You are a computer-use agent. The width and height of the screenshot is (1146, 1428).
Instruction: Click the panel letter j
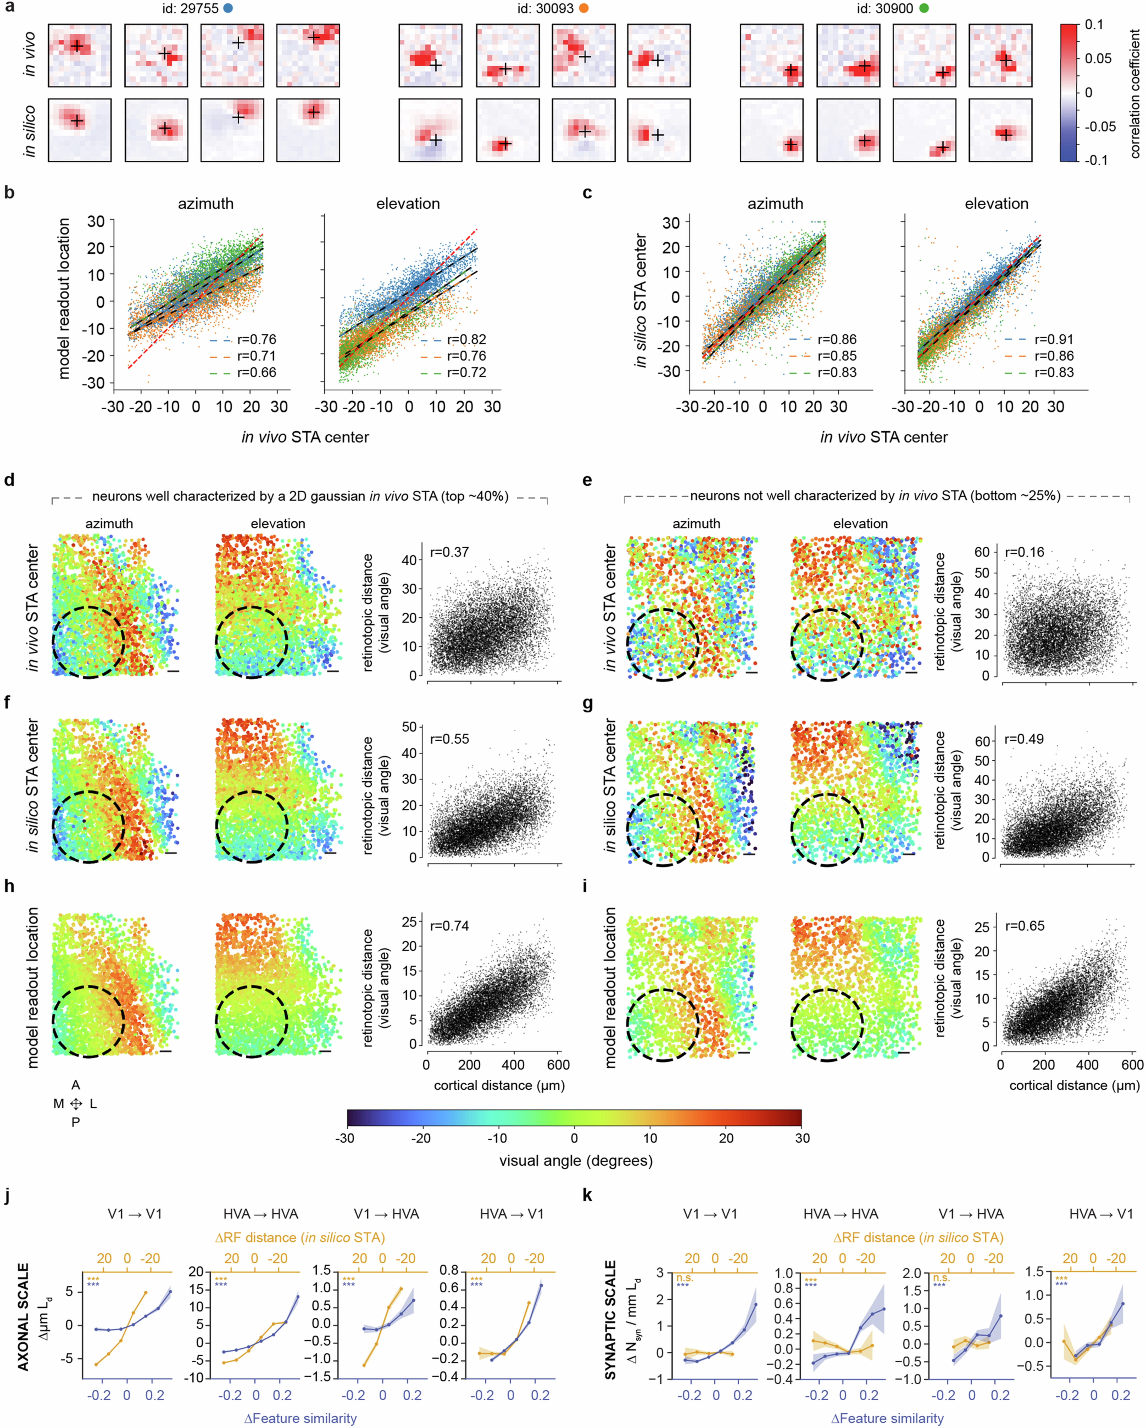(x=8, y=1196)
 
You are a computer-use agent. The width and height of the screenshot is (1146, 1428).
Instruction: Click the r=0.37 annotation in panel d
(x=449, y=552)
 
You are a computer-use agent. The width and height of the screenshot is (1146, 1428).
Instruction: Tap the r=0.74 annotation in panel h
(x=449, y=925)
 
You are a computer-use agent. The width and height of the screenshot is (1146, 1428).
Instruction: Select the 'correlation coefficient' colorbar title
(x=1135, y=93)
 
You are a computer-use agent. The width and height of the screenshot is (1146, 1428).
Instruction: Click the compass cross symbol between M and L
(x=76, y=1103)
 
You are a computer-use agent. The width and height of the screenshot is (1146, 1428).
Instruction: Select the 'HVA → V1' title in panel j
(x=511, y=1214)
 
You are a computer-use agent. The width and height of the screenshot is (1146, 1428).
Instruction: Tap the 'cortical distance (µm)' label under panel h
(x=499, y=1085)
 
